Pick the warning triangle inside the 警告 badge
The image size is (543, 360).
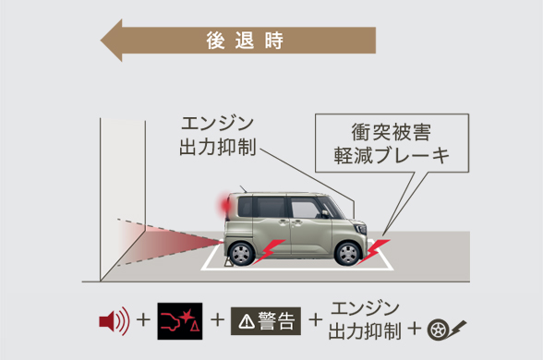[245, 321]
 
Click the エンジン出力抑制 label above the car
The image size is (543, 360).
[217, 136]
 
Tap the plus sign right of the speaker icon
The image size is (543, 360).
[143, 321]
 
